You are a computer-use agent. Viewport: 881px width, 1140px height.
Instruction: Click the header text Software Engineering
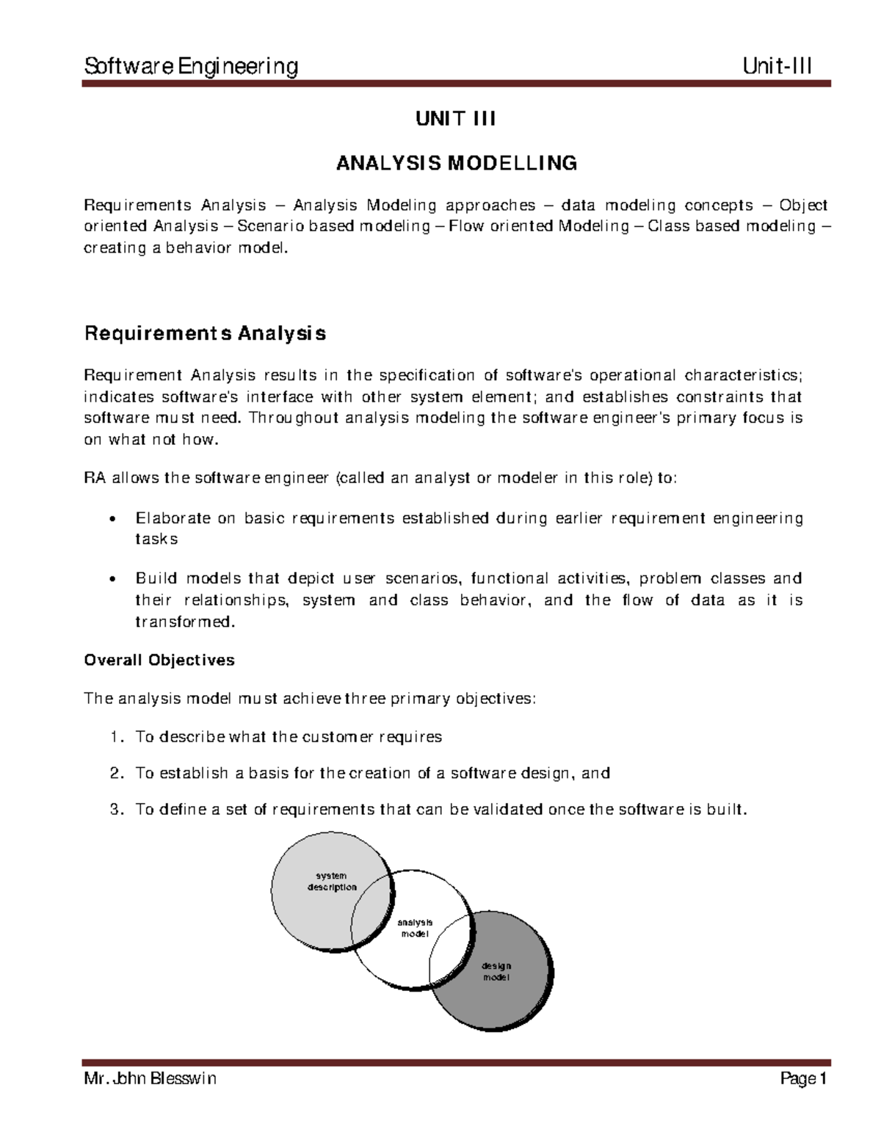pos(192,67)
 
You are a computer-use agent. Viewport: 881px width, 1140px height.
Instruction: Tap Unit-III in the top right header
pos(777,67)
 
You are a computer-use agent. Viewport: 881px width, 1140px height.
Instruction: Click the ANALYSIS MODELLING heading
pos(456,163)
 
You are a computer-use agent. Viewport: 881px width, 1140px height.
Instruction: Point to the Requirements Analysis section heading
pos(205,334)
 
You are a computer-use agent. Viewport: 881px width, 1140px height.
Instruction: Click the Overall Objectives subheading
pos(159,660)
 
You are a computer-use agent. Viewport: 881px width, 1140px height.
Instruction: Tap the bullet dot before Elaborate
pos(112,520)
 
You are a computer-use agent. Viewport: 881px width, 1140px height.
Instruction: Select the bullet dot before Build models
pos(112,579)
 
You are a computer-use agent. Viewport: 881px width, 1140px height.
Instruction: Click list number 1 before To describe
pos(115,737)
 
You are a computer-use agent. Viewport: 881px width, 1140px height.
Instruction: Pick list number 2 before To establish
pos(115,773)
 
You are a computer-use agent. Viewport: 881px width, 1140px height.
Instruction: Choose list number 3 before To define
pos(115,810)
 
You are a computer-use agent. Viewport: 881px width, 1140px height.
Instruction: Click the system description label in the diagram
pos(331,882)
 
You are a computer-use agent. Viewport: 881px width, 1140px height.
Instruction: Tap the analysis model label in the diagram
pos(415,929)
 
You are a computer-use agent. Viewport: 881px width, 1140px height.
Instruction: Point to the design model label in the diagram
pos(496,972)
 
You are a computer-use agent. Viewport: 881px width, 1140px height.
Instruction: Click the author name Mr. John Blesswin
pos(151,1078)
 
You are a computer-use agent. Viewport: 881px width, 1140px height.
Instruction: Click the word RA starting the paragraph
pos(95,479)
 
